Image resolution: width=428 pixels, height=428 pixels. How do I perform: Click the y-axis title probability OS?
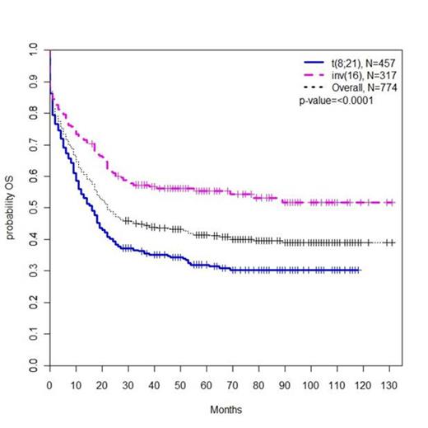click(x=10, y=208)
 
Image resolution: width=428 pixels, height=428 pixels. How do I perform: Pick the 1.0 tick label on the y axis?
click(x=34, y=51)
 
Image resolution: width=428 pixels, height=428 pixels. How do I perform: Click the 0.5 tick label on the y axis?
click(x=34, y=208)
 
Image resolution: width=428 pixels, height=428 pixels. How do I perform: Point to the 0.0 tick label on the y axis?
click(x=34, y=364)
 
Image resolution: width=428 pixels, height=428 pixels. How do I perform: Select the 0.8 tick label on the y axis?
click(x=34, y=114)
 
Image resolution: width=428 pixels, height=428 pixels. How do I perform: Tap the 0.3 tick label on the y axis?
click(x=34, y=270)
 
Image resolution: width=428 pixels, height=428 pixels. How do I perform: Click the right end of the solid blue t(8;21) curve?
click(x=360, y=270)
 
